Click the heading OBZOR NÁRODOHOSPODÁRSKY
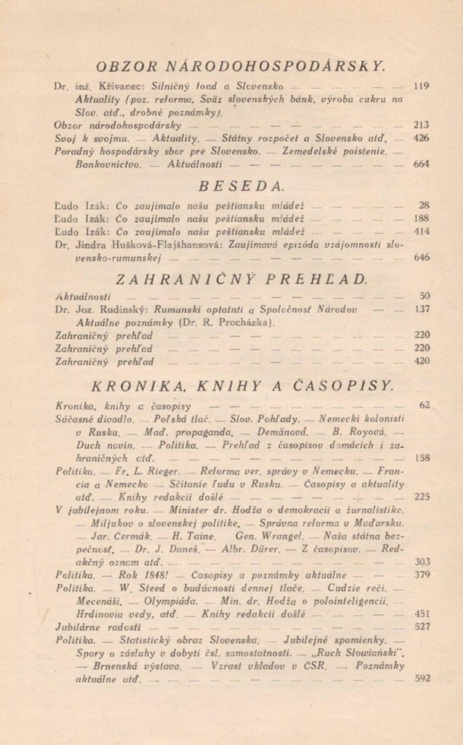(241, 66)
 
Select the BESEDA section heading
(241, 186)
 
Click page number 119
(421, 86)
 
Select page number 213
(421, 125)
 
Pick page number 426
(421, 138)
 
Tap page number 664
(421, 164)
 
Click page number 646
(422, 257)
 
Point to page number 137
(422, 309)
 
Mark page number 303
(422, 562)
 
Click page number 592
(422, 678)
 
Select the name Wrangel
(282, 536)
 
